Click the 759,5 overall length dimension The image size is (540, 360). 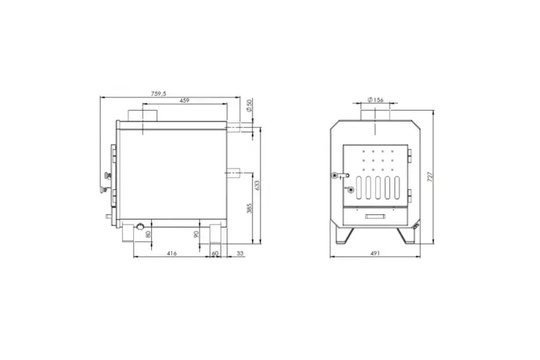tap(159, 93)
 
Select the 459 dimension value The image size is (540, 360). tap(184, 101)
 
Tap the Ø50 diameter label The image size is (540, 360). tap(250, 105)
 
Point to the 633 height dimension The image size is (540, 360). tap(257, 185)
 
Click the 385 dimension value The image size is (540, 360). tap(249, 208)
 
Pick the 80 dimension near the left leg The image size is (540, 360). tap(148, 234)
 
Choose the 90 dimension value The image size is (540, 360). tap(196, 234)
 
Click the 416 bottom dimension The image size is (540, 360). tap(171, 253)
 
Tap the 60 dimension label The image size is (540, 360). tap(215, 253)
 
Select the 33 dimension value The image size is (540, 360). tap(240, 253)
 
